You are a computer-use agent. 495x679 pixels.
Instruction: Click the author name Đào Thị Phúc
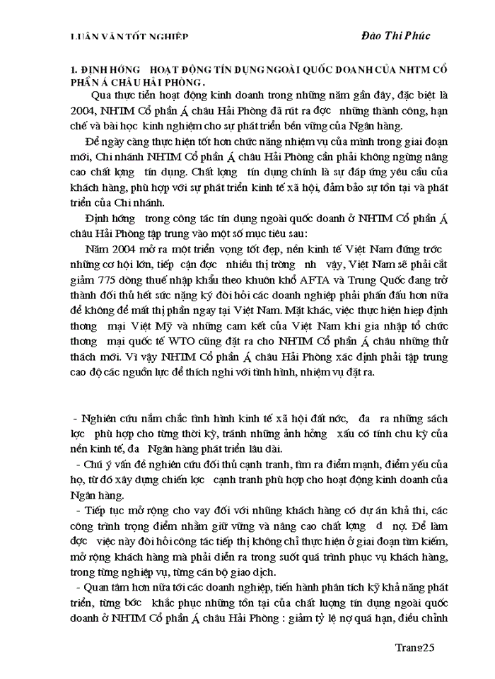point(395,35)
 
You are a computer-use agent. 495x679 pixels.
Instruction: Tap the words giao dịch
point(253,571)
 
